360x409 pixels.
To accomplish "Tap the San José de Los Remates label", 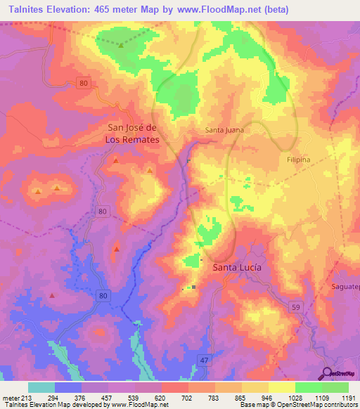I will click(132, 134).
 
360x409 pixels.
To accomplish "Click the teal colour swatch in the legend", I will click(41, 387).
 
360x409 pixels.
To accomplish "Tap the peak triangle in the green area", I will click(121, 45).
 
